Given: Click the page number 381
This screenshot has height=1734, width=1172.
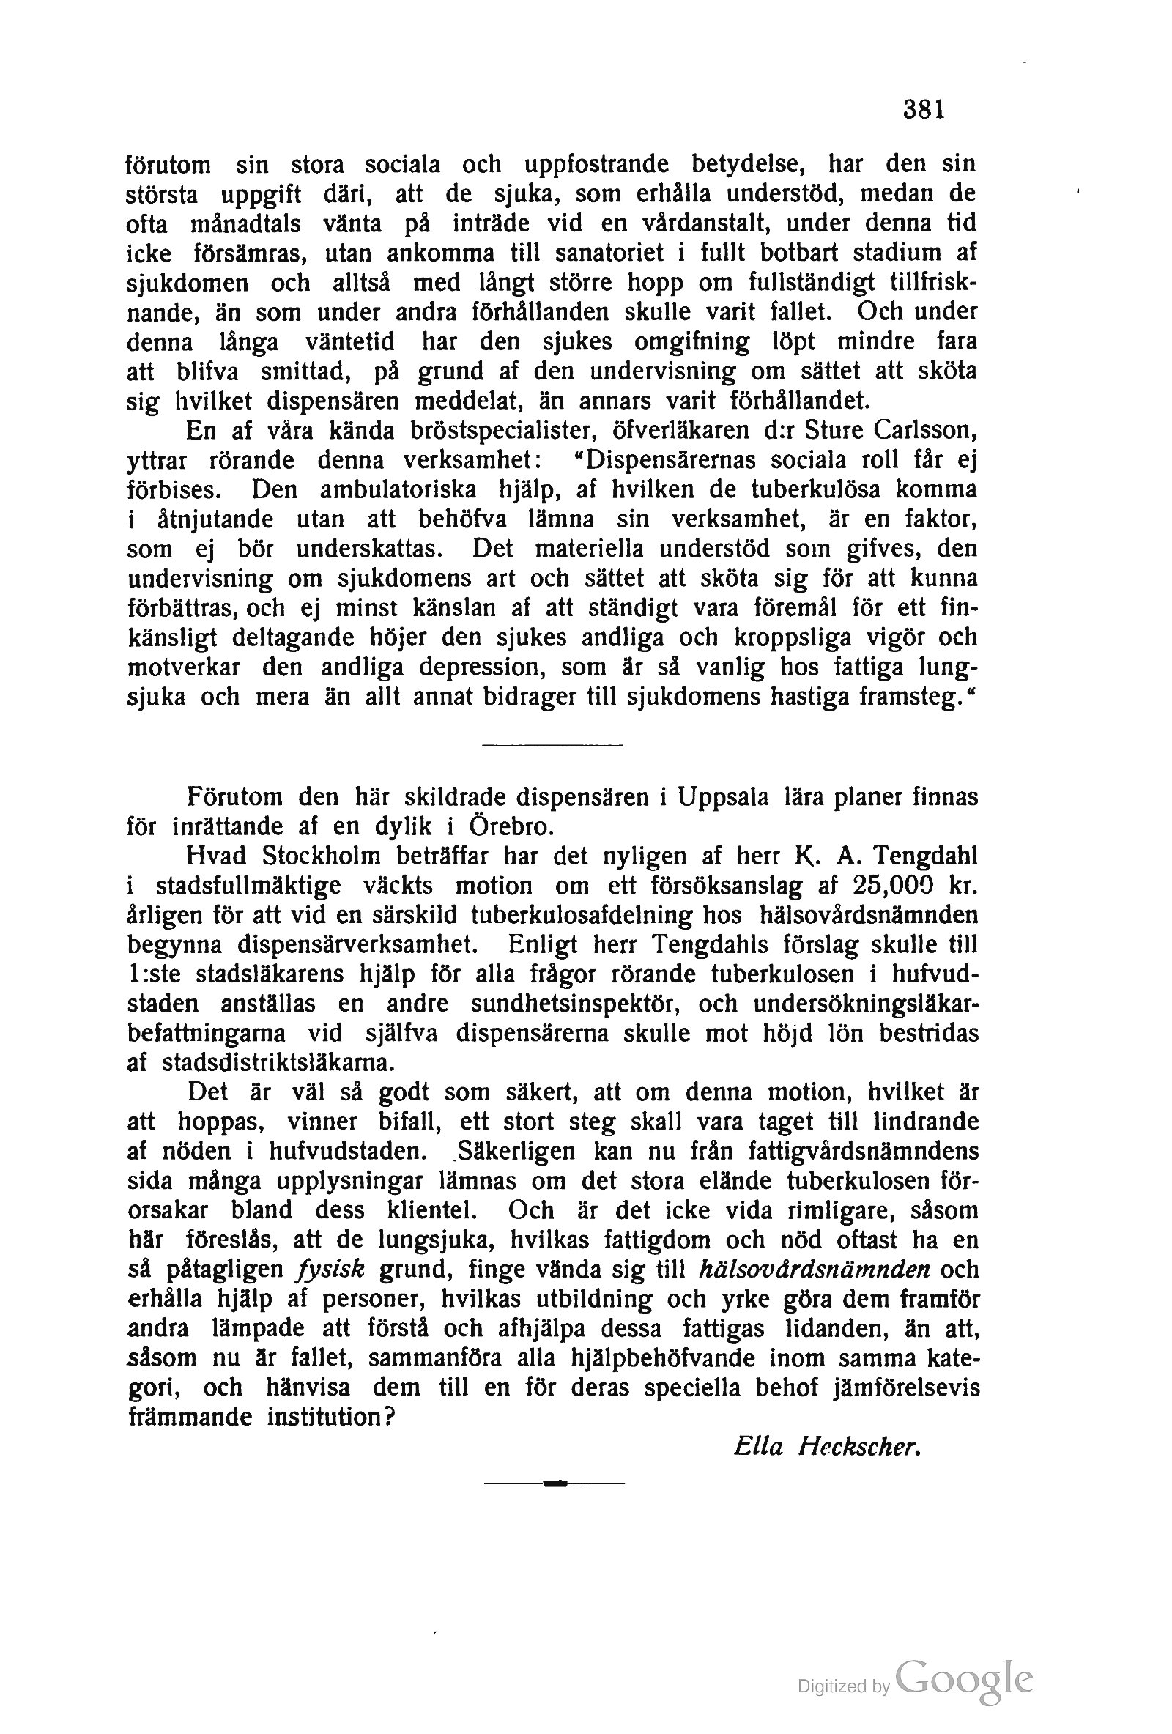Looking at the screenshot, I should (x=924, y=110).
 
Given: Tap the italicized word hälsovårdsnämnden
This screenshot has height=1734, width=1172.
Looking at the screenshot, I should (x=815, y=1269).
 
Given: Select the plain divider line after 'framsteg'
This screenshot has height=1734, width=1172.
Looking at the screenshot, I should (x=552, y=744).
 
